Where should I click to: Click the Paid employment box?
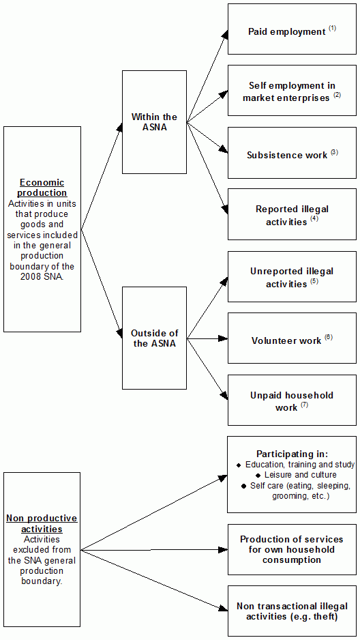click(x=291, y=29)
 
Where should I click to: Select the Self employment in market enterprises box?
click(x=291, y=91)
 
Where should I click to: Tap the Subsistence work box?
click(x=291, y=153)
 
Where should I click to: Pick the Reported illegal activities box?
click(x=291, y=214)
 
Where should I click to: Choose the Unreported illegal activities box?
click(x=291, y=276)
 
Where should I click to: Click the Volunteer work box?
click(x=291, y=338)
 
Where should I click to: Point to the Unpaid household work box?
click(x=291, y=400)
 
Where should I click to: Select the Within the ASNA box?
click(x=154, y=122)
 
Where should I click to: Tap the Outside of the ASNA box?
click(x=154, y=338)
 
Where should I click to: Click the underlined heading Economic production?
click(x=42, y=188)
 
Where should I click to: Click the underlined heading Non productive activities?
click(x=42, y=524)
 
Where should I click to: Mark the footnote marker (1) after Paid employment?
click(x=332, y=28)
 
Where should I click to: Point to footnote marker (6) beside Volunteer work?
click(x=328, y=337)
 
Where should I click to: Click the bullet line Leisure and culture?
click(x=296, y=475)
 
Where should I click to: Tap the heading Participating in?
click(x=292, y=454)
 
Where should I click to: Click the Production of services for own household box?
click(x=291, y=549)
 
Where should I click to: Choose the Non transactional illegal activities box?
click(x=291, y=611)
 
